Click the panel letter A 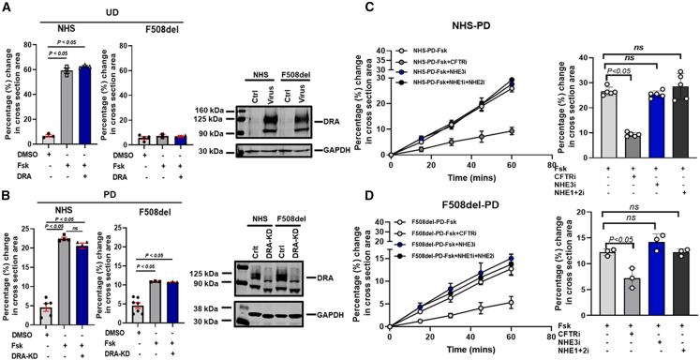click(x=7, y=7)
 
